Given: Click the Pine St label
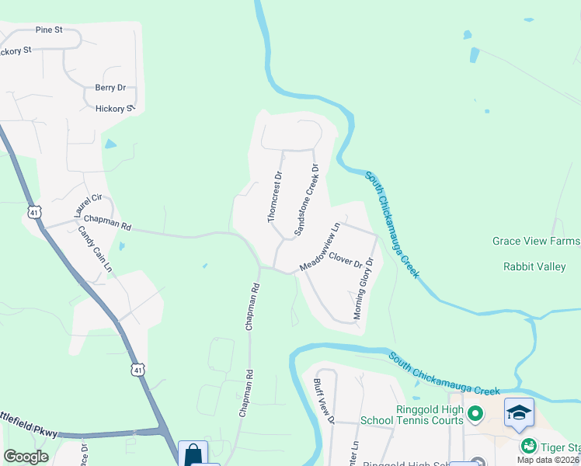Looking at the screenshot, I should click(48, 30).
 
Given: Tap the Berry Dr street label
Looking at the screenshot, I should click(110, 89).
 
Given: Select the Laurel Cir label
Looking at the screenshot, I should click(87, 206).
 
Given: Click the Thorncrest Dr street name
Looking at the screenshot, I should click(277, 197).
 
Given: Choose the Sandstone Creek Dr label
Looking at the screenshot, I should click(306, 200).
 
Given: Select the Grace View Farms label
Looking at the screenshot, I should click(536, 241).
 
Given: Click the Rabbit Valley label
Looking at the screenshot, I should click(534, 267).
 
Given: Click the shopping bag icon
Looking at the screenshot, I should click(193, 454).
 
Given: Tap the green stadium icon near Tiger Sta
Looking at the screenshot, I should click(529, 446).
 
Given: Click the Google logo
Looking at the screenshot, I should click(26, 457).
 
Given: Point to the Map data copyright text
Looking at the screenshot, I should click(548, 460).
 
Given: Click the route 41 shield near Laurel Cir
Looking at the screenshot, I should click(33, 212).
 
